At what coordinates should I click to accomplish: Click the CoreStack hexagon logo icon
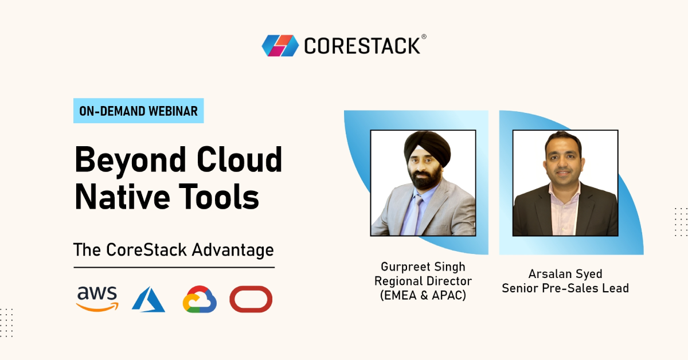[x=280, y=46]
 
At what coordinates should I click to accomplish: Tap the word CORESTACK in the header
[x=362, y=46]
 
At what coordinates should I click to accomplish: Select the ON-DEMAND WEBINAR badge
[x=139, y=111]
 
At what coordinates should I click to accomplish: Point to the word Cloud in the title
[x=239, y=159]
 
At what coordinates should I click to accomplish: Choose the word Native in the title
[x=122, y=196]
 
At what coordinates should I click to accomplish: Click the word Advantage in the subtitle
[x=233, y=251]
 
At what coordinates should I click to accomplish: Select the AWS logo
[x=97, y=299]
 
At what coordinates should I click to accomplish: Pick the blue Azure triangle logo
[x=148, y=299]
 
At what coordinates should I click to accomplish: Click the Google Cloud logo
[x=200, y=299]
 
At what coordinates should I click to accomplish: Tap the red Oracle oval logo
[x=251, y=299]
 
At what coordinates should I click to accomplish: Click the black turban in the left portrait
[x=428, y=147]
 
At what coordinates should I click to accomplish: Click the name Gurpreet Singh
[x=423, y=267]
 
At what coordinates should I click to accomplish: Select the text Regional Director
[x=423, y=281]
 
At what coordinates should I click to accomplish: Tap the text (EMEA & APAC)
[x=423, y=295]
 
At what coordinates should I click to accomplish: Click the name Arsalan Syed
[x=565, y=274]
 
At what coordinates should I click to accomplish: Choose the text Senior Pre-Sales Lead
[x=565, y=288]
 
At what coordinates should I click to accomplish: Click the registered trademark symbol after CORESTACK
[x=424, y=37]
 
